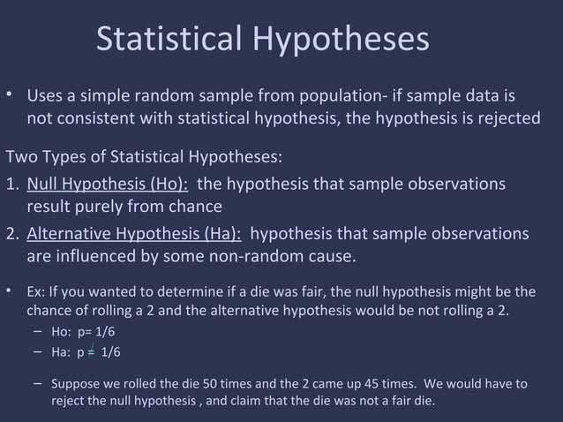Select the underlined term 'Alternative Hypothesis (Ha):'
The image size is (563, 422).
(134, 234)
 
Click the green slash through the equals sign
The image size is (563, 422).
(93, 349)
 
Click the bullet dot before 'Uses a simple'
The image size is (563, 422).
(10, 94)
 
